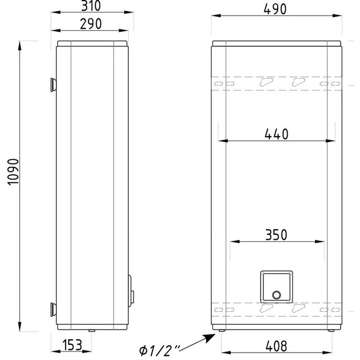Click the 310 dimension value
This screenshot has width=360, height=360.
(x=91, y=6)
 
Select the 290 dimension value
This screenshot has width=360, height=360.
(x=91, y=24)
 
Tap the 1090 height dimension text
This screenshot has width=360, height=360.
(x=13, y=172)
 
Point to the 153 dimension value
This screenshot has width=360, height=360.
(x=72, y=345)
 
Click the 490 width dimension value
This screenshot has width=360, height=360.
(x=275, y=9)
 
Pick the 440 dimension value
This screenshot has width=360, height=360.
(x=276, y=134)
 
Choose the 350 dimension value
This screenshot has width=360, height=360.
(x=276, y=234)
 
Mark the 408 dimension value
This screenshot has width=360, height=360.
(x=276, y=346)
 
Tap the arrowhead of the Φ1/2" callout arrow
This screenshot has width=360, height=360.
(x=211, y=338)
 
